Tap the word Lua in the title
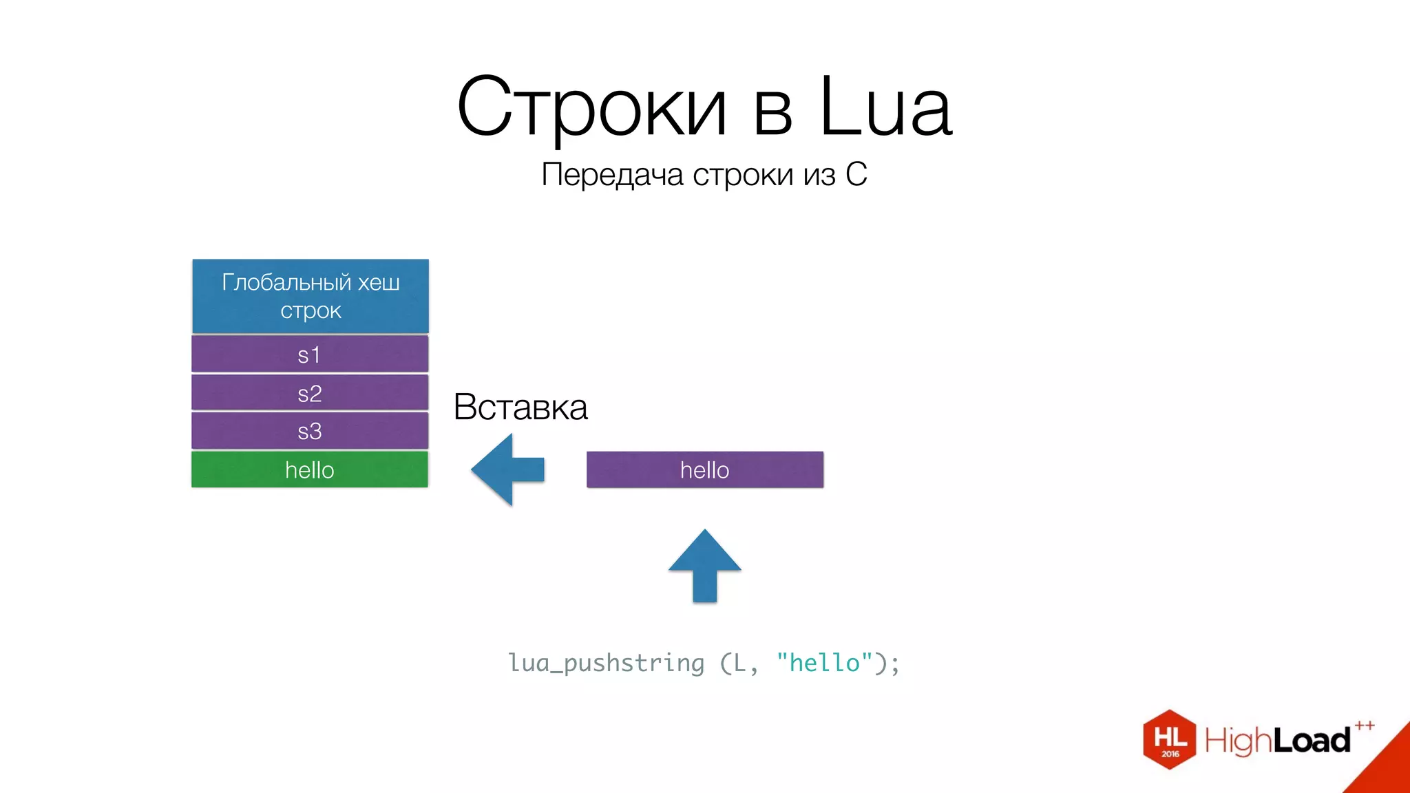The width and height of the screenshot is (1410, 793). (x=885, y=107)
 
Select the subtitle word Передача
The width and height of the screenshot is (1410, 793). (x=612, y=175)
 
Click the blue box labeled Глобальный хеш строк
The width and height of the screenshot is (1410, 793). (x=311, y=296)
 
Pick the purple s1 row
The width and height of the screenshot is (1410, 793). (x=310, y=355)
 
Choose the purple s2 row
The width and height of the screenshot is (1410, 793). (x=310, y=393)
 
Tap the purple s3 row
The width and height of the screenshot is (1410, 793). (x=310, y=431)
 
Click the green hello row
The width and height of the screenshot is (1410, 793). (x=310, y=469)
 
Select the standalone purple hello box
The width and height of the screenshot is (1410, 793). (x=704, y=469)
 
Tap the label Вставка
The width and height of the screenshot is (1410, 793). (x=520, y=407)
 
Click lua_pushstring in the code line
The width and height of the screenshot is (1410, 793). (x=607, y=663)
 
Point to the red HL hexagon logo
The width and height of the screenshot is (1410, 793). (x=1169, y=739)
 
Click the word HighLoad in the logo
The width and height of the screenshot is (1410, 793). (x=1277, y=741)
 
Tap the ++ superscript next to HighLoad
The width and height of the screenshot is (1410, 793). (x=1365, y=726)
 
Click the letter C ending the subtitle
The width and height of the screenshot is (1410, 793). (x=856, y=175)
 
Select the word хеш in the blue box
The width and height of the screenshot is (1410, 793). (x=378, y=282)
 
